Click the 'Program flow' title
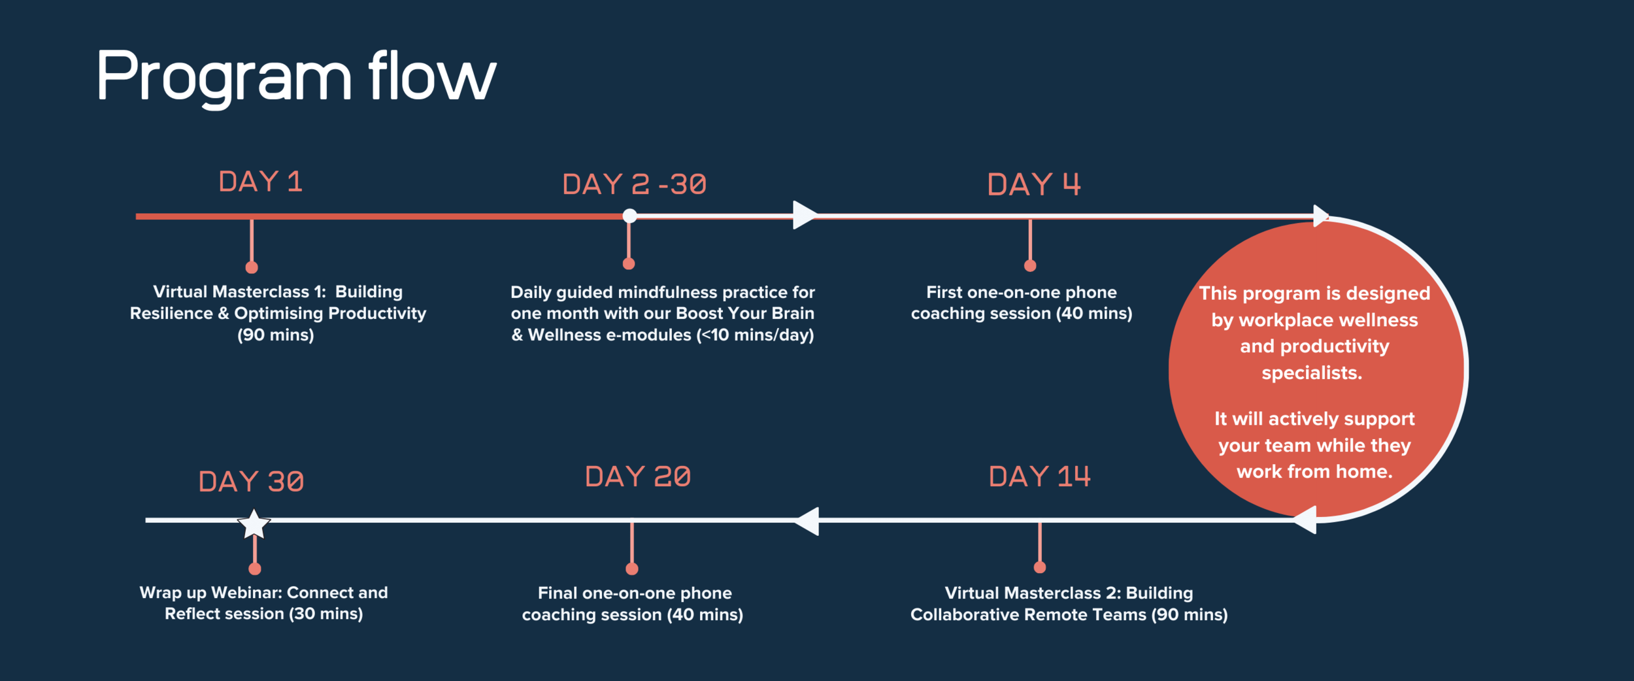(x=295, y=77)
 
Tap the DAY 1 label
(x=261, y=182)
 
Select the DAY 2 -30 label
(x=634, y=184)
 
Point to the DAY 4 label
(x=1033, y=184)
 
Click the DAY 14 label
(x=1039, y=476)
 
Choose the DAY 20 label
(x=637, y=476)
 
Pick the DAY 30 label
(x=251, y=482)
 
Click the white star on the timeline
(x=254, y=524)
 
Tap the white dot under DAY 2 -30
(x=629, y=216)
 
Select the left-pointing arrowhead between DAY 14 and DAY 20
(x=808, y=521)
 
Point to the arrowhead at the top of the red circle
(x=1320, y=215)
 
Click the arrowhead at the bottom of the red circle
(x=1306, y=520)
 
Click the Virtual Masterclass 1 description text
(x=278, y=313)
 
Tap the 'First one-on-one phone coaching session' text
(x=1022, y=303)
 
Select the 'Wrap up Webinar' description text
(x=263, y=603)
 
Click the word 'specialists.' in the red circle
(x=1312, y=373)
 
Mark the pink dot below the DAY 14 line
(x=1040, y=567)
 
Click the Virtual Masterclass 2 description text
(x=1069, y=603)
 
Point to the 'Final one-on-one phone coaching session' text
(x=633, y=603)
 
